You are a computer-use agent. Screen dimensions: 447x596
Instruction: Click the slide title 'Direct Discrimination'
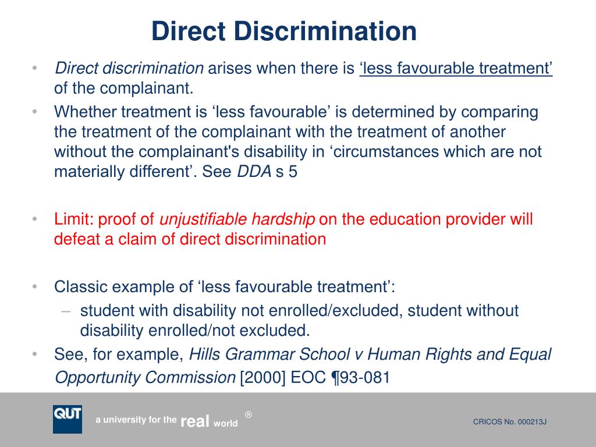(x=284, y=31)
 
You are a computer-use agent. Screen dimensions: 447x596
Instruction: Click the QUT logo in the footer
(x=68, y=419)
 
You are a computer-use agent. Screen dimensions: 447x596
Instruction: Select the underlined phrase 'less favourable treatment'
(x=456, y=69)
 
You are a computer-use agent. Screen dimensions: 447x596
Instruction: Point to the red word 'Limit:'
(x=74, y=219)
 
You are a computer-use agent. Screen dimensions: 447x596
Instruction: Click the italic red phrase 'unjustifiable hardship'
(x=237, y=219)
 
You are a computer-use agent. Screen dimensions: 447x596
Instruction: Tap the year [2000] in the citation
(x=260, y=378)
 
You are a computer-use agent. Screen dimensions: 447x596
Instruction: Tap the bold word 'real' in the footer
(x=195, y=422)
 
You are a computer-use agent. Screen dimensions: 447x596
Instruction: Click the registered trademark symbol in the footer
(x=249, y=414)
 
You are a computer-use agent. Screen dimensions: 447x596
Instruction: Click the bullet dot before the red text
(x=35, y=219)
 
